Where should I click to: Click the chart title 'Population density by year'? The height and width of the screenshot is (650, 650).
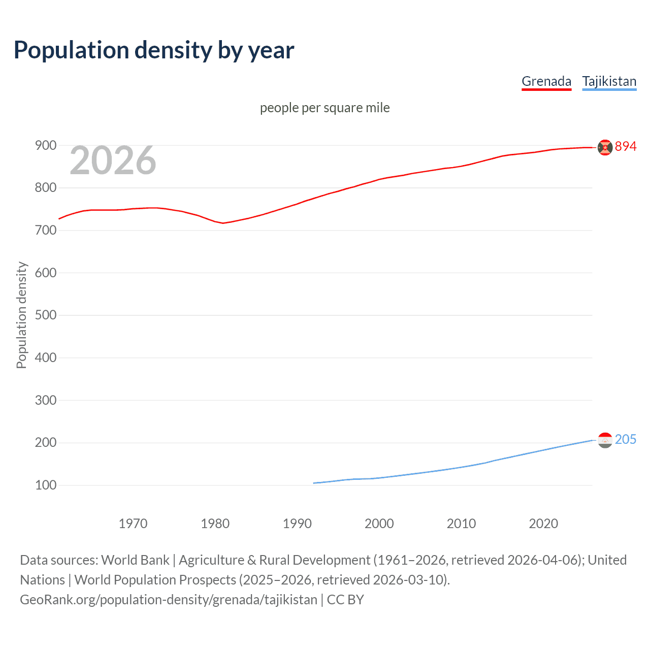point(154,50)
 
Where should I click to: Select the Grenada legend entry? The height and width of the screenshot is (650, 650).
point(546,81)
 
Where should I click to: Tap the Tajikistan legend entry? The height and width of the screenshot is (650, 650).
point(609,81)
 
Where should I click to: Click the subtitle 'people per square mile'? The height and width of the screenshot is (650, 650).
point(324,108)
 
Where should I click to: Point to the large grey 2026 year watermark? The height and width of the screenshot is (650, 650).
point(113,160)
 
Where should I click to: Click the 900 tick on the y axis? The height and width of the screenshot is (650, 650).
point(45,146)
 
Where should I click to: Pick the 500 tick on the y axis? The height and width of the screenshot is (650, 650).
point(45,315)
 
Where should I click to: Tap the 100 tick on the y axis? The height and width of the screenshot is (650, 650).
point(45,485)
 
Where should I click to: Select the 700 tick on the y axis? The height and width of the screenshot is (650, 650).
point(45,231)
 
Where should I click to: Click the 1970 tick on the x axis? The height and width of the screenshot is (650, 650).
point(133,524)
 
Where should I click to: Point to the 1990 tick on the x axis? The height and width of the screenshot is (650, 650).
point(297,524)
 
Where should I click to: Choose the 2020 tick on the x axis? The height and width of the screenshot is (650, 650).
point(543,524)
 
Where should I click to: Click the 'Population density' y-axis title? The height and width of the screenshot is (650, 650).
point(21,315)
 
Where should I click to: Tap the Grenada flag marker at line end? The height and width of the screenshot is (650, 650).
point(605,147)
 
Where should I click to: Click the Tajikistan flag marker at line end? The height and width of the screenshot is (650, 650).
point(605,440)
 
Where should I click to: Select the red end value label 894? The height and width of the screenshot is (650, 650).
point(626,146)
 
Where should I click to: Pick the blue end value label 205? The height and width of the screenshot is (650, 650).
point(626,439)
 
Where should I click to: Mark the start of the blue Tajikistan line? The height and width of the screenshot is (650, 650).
point(314,483)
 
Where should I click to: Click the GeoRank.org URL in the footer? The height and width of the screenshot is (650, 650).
point(169,600)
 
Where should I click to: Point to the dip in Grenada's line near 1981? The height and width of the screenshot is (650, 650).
point(223,223)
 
